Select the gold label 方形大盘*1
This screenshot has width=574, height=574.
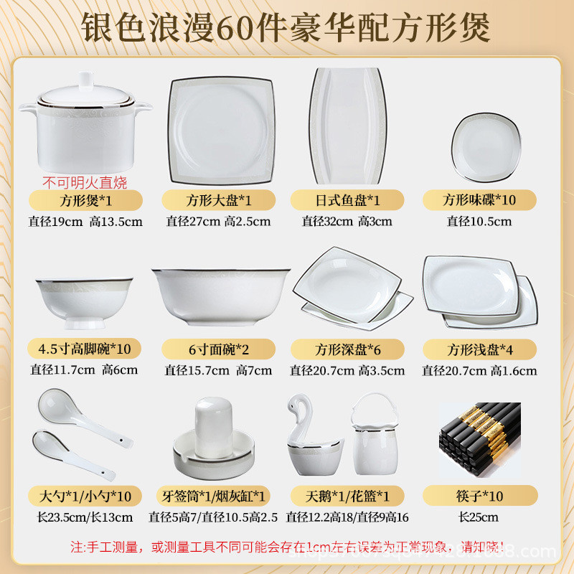click(x=219, y=199)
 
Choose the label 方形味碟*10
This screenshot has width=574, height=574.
click(x=479, y=199)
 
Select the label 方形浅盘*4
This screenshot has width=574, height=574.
click(x=479, y=349)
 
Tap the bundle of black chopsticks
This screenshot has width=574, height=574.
click(x=479, y=429)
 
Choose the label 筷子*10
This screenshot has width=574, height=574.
click(x=479, y=496)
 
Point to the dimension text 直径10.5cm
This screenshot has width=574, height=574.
click(x=479, y=221)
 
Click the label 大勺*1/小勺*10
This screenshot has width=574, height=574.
click(x=85, y=496)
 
